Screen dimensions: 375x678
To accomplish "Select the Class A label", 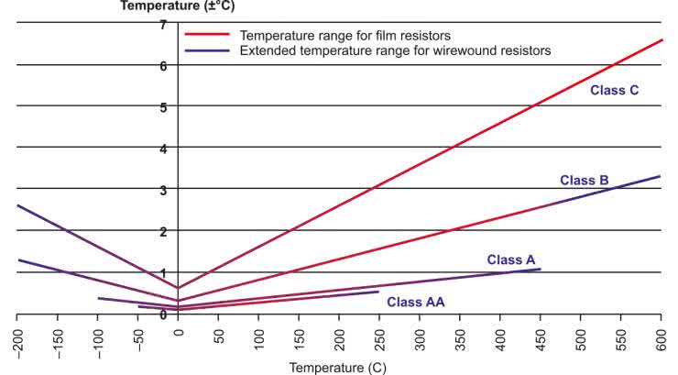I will click(x=510, y=259).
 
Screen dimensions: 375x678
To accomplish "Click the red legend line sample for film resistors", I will click(x=207, y=35).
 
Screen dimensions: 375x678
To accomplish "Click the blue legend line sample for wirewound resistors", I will click(x=207, y=51).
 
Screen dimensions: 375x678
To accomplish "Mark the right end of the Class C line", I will click(x=661, y=40).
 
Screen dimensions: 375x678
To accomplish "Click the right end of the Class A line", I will click(x=540, y=269).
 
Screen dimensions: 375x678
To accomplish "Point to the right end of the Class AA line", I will click(x=378, y=292).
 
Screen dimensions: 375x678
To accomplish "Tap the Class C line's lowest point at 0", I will click(x=178, y=288).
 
